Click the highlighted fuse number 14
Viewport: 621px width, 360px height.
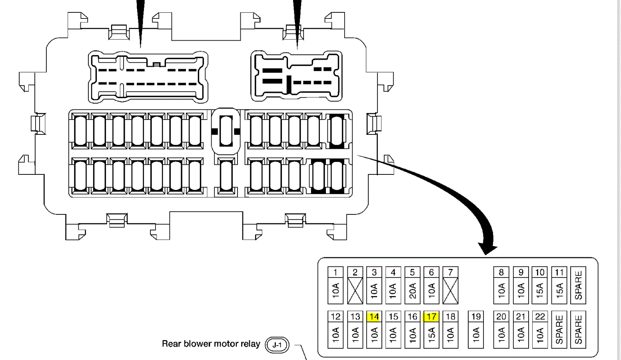coord(374,317)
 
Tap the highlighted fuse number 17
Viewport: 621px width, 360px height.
coord(431,317)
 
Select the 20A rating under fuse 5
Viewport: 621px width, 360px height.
coord(412,290)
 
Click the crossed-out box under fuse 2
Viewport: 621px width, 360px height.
coord(355,291)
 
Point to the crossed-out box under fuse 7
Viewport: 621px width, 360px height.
coord(450,291)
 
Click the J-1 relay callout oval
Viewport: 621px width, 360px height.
coord(277,345)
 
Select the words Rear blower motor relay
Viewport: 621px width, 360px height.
coord(211,344)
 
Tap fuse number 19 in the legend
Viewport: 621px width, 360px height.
coord(475,317)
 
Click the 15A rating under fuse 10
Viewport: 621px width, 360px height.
coord(540,290)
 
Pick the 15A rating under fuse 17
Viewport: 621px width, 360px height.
coord(431,334)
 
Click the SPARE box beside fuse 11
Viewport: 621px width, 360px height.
coord(578,285)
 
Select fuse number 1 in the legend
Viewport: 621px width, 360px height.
coord(335,272)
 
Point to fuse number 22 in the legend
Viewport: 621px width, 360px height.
coord(540,317)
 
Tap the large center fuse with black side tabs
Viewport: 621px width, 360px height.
coord(226,131)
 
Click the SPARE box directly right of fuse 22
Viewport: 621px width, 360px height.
coord(559,330)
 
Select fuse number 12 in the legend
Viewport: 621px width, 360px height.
coord(335,317)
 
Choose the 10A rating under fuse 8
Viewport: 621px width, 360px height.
coord(501,290)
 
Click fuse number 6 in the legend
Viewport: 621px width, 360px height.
coord(431,272)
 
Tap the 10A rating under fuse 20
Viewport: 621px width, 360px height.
coord(501,334)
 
